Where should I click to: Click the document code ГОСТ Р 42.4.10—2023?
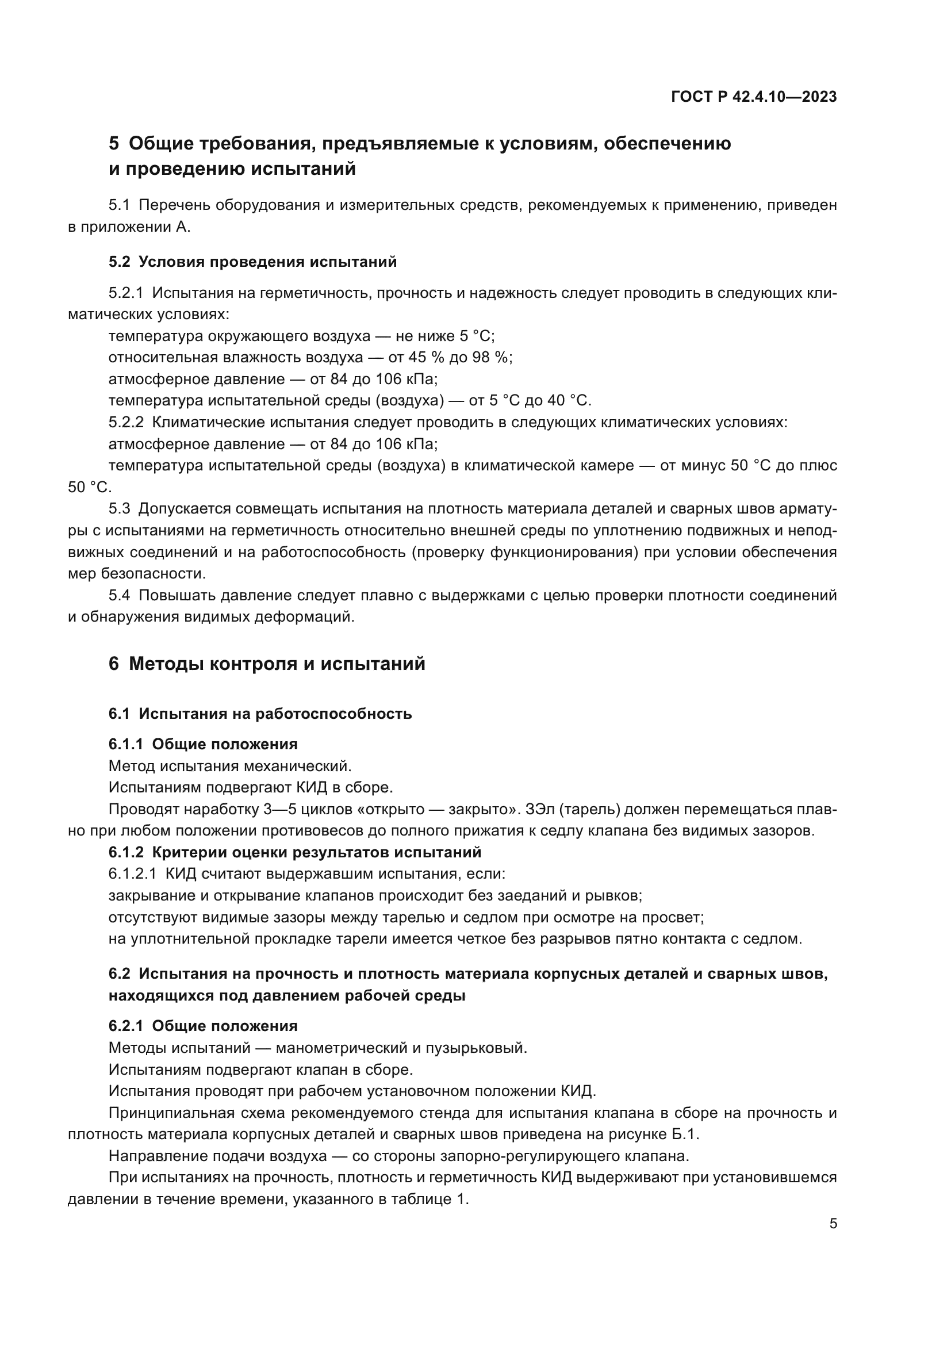754,97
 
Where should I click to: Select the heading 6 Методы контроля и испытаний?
267,664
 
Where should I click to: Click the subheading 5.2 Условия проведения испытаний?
252,262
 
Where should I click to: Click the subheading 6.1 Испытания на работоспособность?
260,714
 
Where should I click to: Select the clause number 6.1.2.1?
132,874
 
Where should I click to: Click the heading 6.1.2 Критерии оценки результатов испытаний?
294,852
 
